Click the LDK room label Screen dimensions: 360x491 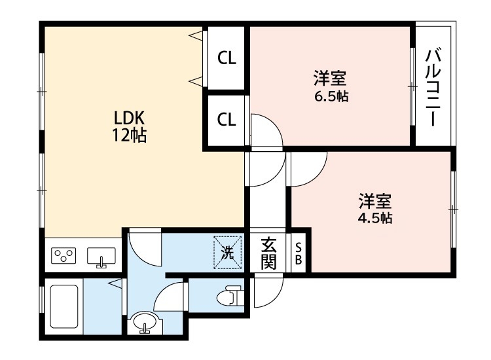click(129, 118)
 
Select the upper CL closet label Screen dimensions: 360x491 click(227, 58)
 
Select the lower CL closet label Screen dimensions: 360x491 click(227, 120)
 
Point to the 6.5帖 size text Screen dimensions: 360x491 click(330, 96)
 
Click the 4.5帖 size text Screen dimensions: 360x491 click(374, 218)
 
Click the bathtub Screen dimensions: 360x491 click(64, 308)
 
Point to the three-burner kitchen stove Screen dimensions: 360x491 click(65, 256)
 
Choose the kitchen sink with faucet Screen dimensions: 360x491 click(101, 256)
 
